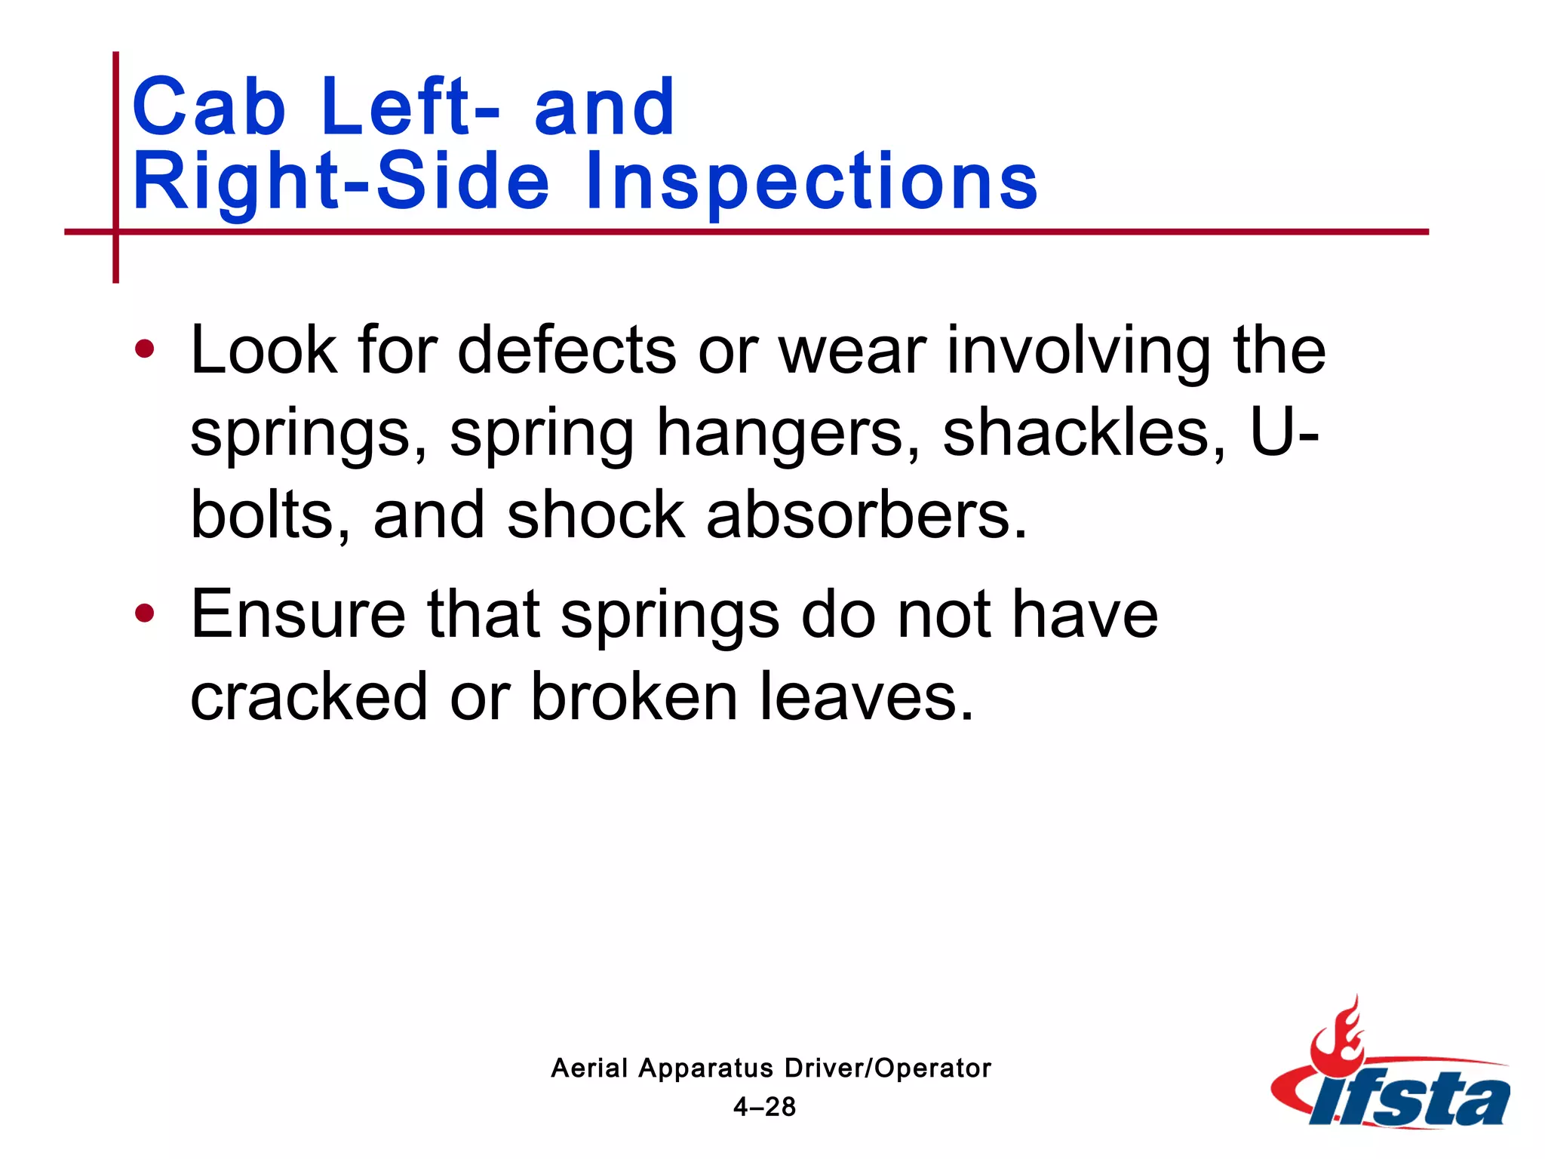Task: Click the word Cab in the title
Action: pos(209,107)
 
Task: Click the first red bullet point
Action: pos(144,349)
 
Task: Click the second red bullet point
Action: pos(144,613)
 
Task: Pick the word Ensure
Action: pos(298,613)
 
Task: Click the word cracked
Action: pos(309,696)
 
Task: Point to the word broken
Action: pos(634,696)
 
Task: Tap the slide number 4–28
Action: pos(764,1107)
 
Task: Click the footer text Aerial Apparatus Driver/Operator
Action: pos(770,1068)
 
